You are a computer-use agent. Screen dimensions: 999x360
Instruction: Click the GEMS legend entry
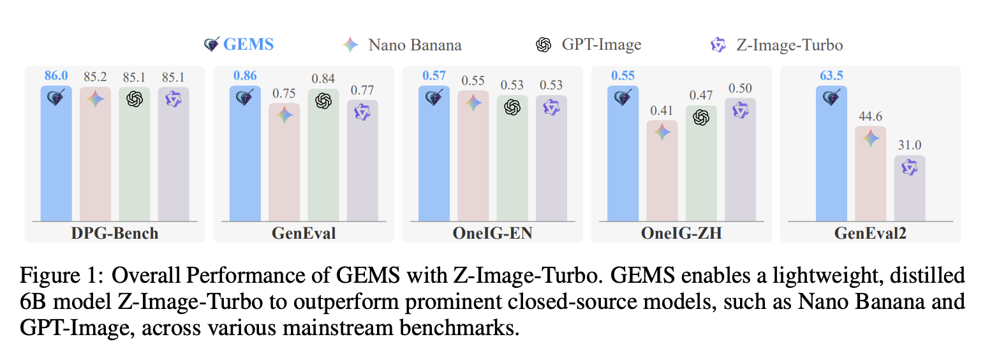[239, 45]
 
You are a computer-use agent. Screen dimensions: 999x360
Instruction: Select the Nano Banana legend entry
[402, 45]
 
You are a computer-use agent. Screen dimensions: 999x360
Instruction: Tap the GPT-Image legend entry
[588, 45]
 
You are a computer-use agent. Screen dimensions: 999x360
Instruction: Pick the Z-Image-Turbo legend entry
[776, 45]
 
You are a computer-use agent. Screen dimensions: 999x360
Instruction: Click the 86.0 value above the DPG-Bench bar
[56, 76]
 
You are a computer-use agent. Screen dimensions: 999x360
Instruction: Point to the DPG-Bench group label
[115, 234]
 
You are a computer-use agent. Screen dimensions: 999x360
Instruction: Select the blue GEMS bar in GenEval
[245, 153]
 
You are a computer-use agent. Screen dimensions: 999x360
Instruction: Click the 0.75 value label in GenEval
[284, 93]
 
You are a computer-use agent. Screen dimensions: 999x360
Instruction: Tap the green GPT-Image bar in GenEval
[323, 155]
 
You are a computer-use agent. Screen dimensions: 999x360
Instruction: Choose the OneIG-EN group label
[492, 234]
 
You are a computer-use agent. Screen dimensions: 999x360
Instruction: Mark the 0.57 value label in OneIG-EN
[434, 76]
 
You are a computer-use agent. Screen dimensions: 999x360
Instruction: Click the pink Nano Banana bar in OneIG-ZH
[662, 171]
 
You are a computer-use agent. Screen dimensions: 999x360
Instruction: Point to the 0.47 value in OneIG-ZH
[701, 95]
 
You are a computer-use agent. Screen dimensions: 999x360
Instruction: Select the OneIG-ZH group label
[681, 234]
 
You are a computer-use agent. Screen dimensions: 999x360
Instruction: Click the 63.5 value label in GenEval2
[831, 76]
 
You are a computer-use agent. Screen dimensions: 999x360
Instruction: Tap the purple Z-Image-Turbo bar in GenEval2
[910, 188]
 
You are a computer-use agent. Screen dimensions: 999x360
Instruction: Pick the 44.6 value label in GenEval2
[871, 116]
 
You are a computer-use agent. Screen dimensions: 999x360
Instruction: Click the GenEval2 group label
[870, 234]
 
